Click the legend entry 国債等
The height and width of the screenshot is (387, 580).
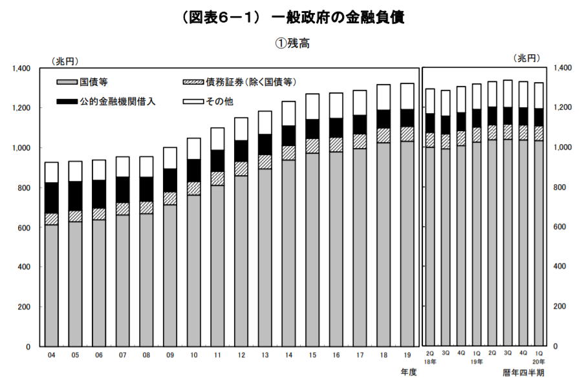click(94, 82)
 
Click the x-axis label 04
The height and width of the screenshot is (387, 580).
click(51, 355)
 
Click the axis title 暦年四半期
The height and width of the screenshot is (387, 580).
click(523, 373)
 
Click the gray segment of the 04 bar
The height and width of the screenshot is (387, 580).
click(51, 284)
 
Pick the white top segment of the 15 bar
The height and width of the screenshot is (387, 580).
click(312, 107)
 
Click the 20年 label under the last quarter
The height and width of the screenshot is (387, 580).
click(539, 362)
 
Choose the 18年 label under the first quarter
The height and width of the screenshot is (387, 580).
click(430, 362)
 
